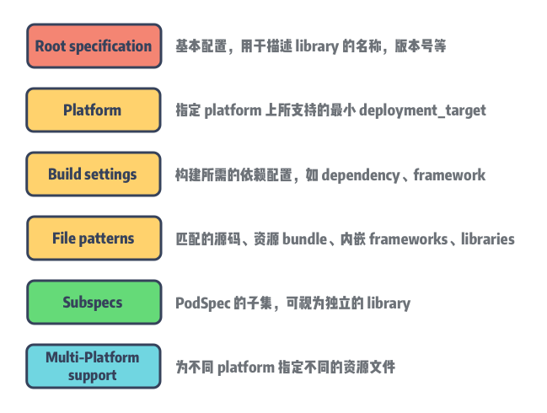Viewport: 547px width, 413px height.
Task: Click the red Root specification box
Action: point(93,46)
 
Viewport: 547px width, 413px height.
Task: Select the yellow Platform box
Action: point(93,110)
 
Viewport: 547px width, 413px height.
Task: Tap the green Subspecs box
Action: point(93,303)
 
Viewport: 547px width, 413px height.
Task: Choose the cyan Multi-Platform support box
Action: point(93,367)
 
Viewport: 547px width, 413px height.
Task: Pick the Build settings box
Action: point(93,174)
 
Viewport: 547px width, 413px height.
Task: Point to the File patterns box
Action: point(93,239)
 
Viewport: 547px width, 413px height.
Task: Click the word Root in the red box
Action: point(51,46)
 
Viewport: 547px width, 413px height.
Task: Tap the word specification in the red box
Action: point(111,46)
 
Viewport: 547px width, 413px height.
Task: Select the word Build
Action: point(64,174)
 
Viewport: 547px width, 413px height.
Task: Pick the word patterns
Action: point(108,239)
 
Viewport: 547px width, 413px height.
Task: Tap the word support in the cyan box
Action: point(93,375)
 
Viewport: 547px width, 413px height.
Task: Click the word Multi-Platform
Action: point(93,358)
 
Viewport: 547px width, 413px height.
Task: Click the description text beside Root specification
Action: point(308,46)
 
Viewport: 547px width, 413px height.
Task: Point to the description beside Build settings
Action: point(330,174)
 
